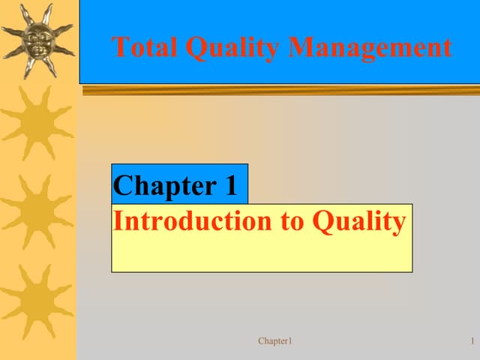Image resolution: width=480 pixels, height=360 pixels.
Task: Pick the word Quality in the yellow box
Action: [x=359, y=222]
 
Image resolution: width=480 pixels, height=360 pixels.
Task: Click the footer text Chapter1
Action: [x=274, y=342]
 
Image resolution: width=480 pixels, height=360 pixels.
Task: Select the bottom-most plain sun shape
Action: [x=37, y=299]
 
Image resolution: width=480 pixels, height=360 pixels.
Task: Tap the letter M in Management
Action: [x=302, y=47]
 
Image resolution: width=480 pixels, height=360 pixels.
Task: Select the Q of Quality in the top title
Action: [x=198, y=48]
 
